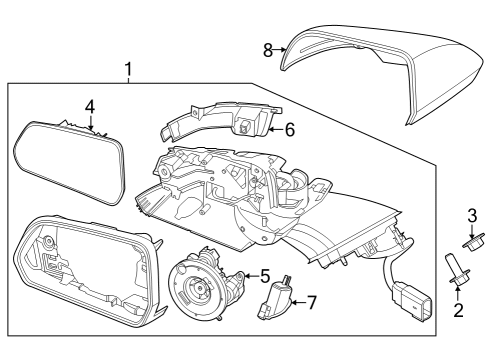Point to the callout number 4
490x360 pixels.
(x=89, y=105)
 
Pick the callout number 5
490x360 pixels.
(x=265, y=275)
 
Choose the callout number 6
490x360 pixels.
(x=289, y=129)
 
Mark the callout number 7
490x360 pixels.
(x=311, y=301)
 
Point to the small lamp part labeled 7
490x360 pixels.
(x=277, y=301)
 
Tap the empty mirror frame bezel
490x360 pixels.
(x=85, y=270)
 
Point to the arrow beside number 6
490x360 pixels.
(x=276, y=129)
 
